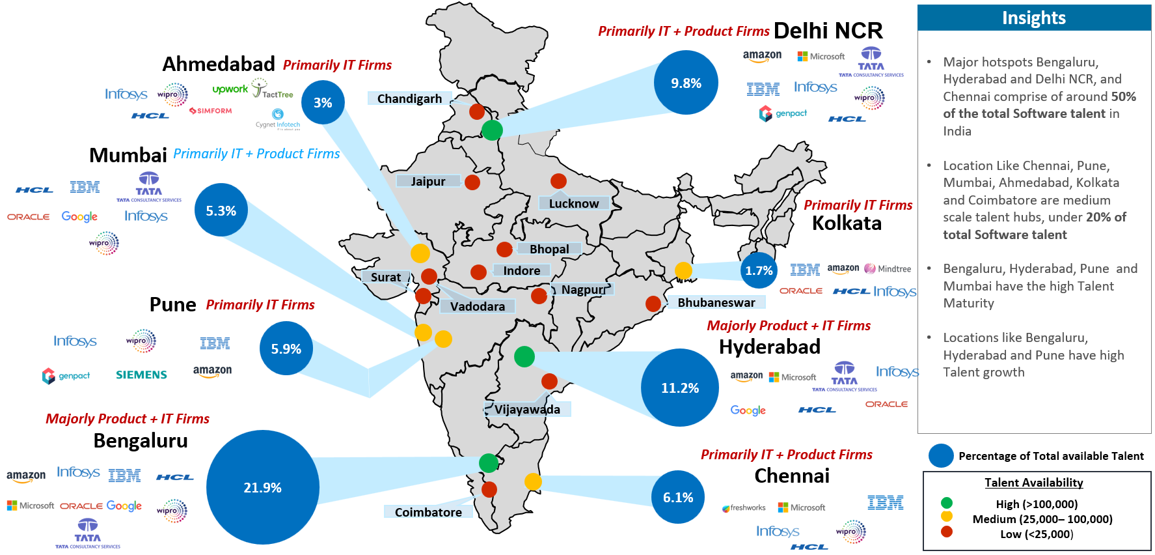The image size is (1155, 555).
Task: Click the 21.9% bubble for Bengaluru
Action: pyautogui.click(x=262, y=487)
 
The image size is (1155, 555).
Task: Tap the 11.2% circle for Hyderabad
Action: pyautogui.click(x=680, y=388)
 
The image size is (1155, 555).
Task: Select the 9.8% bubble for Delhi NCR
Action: pyautogui.click(x=686, y=83)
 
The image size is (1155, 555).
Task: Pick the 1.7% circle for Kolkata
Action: pyautogui.click(x=759, y=270)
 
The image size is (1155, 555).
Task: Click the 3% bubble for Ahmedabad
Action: pyautogui.click(x=323, y=102)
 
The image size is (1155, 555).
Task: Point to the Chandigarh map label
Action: pyautogui.click(x=409, y=98)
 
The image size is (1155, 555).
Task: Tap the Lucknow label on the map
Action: pyautogui.click(x=573, y=203)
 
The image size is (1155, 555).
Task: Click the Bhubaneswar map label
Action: pyautogui.click(x=716, y=302)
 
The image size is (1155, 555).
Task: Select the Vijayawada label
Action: pyautogui.click(x=527, y=409)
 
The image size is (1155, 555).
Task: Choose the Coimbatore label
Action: pyautogui.click(x=428, y=512)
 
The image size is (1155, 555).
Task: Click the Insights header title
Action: pyautogui.click(x=1033, y=18)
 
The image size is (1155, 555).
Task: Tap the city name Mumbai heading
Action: pyautogui.click(x=128, y=155)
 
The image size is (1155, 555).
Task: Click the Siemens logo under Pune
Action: pyautogui.click(x=141, y=375)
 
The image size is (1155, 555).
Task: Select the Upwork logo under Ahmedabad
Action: pyautogui.click(x=230, y=89)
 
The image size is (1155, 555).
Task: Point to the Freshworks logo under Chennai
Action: pyautogui.click(x=744, y=507)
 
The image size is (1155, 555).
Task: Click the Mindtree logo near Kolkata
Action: pyautogui.click(x=888, y=268)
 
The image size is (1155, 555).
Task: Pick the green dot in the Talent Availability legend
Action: pyautogui.click(x=947, y=503)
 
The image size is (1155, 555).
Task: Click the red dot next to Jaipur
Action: pyautogui.click(x=472, y=182)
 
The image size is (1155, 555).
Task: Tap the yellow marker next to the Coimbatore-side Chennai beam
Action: pyautogui.click(x=533, y=481)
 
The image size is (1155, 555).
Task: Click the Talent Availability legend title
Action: pyautogui.click(x=1033, y=483)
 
